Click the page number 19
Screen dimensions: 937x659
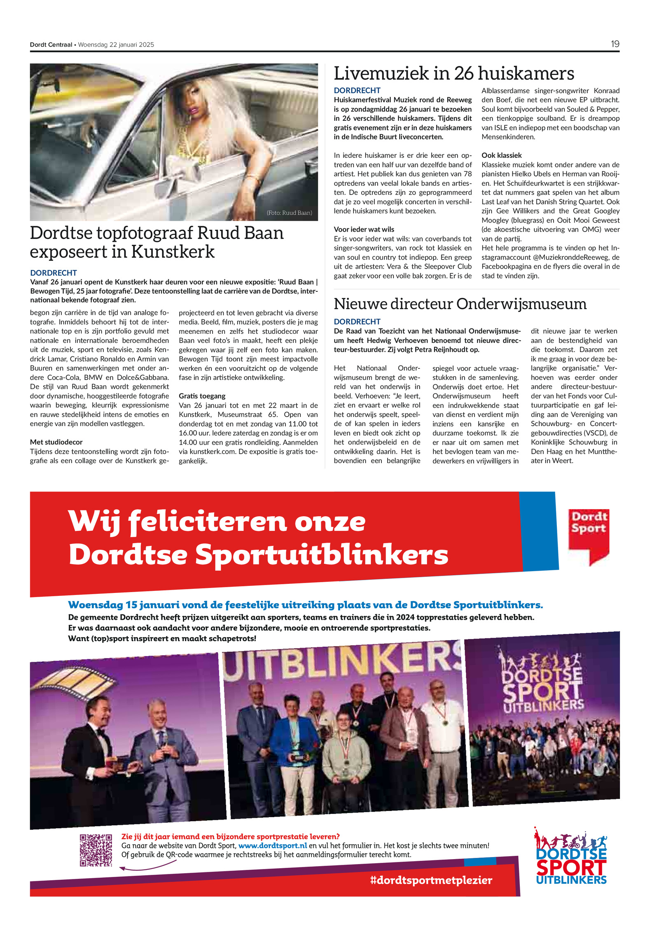[615, 44]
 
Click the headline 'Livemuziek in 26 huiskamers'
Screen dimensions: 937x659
[453, 74]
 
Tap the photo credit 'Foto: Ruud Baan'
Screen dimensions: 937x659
[289, 213]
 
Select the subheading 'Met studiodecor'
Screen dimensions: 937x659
[56, 442]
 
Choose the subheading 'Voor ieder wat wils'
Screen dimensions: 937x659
[364, 230]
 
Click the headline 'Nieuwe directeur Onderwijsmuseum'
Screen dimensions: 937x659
[460, 304]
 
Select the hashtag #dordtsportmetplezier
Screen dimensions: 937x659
[431, 880]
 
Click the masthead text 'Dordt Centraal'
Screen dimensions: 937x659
[51, 45]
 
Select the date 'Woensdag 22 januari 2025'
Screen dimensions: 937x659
[116, 45]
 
